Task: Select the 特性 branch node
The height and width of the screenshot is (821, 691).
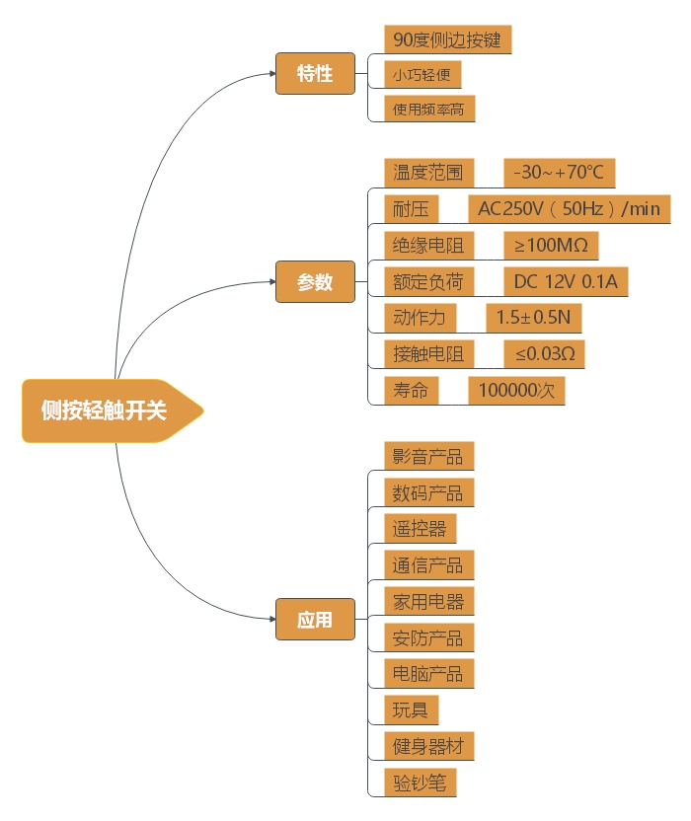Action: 315,74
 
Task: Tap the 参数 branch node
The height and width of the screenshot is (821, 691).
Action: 315,282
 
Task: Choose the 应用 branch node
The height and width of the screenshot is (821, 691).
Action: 315,620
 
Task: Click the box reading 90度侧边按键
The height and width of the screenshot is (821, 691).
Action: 447,39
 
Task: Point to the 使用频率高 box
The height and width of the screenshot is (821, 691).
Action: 428,109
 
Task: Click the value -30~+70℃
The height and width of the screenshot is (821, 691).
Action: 559,173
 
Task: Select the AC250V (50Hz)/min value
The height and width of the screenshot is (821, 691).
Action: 569,209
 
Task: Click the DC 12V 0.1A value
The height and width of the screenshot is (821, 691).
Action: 566,282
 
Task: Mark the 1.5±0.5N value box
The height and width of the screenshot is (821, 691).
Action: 534,318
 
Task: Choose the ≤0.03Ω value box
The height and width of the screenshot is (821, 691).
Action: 544,353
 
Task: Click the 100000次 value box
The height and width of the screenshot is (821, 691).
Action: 516,390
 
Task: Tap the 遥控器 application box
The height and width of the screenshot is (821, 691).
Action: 420,528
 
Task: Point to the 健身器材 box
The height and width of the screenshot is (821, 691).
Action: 428,746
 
